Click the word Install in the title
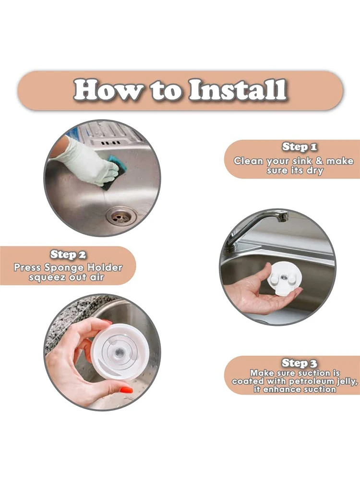point(238,90)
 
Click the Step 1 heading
point(299,147)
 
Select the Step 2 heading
point(68,254)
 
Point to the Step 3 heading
point(299,363)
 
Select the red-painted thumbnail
point(126,391)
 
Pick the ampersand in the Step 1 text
point(319,161)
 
